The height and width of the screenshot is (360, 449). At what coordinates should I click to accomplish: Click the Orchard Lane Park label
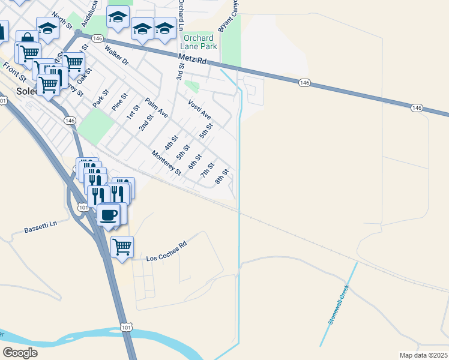200,42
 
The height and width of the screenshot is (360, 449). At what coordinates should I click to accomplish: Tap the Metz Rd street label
193,61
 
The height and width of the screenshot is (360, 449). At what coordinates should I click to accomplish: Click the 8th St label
222,177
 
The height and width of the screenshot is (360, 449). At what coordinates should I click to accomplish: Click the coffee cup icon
108,214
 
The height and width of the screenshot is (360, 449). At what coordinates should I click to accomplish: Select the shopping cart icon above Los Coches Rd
122,246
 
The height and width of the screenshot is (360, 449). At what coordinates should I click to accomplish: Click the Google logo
20,353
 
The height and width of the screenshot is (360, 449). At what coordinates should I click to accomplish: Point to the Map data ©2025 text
423,355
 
